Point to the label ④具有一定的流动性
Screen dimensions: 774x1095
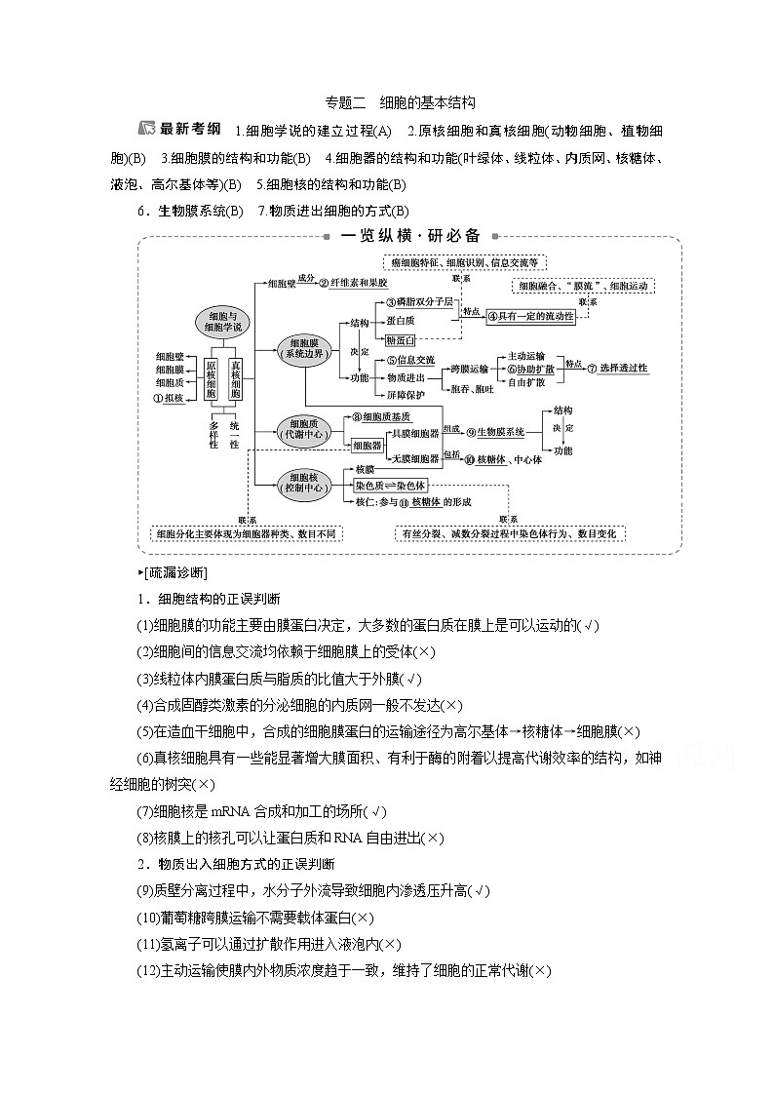[x=530, y=317]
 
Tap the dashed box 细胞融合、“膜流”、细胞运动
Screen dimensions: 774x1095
[x=583, y=286]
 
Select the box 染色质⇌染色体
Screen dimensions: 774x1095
[x=391, y=485]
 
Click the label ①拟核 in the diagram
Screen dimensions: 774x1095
[x=170, y=399]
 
